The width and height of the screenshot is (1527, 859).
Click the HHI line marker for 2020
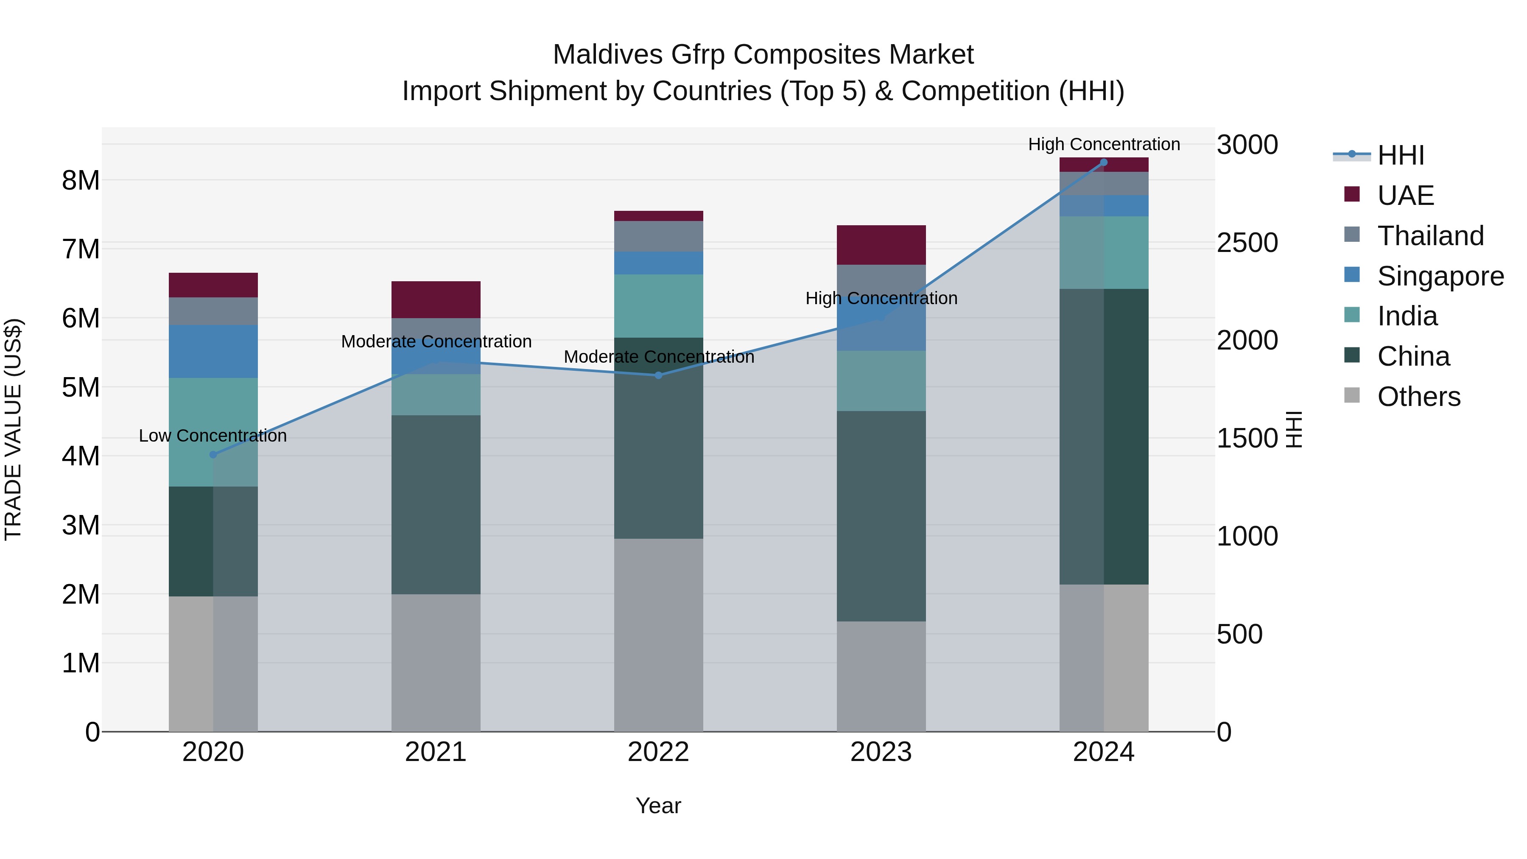[x=213, y=455]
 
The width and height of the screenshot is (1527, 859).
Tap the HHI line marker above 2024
[x=1104, y=162]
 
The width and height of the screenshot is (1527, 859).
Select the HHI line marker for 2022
[x=659, y=375]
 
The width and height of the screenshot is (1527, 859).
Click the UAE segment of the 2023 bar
[x=881, y=245]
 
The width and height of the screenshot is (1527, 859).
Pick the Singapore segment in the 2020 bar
[x=213, y=351]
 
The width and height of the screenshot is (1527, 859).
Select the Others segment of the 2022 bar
[x=659, y=634]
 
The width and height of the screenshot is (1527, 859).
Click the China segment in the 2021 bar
[x=436, y=504]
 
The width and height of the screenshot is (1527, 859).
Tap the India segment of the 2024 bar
[x=1104, y=252]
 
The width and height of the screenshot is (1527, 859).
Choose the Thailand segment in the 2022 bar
[x=659, y=236]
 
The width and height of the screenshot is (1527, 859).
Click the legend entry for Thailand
[x=1430, y=236]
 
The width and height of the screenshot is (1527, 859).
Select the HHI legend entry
[x=1400, y=155]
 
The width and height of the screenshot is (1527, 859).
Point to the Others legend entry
[x=1418, y=397]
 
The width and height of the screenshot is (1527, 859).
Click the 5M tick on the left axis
[x=81, y=388]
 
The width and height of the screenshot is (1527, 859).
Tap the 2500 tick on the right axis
[x=1247, y=243]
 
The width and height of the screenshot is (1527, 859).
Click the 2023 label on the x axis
[x=881, y=752]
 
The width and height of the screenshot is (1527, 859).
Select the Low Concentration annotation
[x=213, y=436]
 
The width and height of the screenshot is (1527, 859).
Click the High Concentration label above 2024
[x=1104, y=144]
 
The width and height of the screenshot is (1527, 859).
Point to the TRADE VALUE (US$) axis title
[x=13, y=429]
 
